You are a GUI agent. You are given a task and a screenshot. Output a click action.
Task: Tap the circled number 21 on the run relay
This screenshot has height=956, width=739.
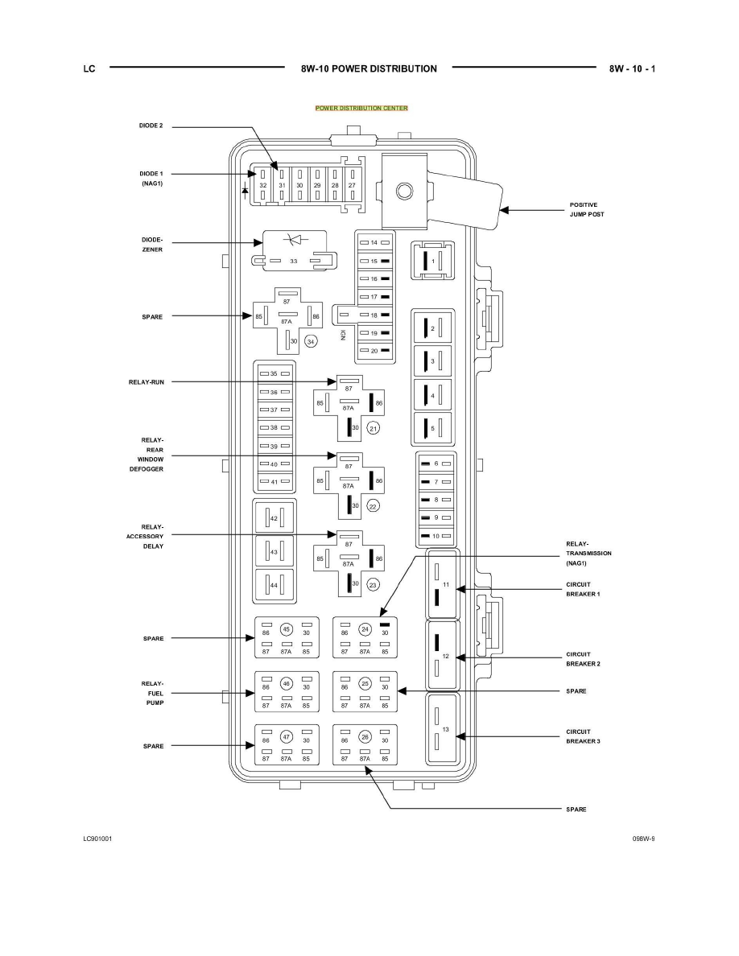click(x=373, y=429)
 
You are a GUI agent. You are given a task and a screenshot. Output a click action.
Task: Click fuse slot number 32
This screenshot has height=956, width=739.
click(x=262, y=185)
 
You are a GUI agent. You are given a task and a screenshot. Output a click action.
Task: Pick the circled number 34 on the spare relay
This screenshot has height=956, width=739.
click(x=312, y=342)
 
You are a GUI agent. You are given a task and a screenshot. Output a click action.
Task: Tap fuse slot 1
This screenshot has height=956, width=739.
click(x=432, y=262)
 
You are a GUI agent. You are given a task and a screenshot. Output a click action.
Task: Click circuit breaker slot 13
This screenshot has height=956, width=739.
click(x=442, y=733)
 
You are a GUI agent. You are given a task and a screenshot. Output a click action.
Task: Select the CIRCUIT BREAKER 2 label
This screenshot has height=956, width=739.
click(x=584, y=659)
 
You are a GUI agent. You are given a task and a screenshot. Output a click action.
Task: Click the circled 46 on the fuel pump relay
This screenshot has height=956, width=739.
click(x=286, y=683)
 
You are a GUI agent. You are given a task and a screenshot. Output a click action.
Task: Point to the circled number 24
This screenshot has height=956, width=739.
click(x=365, y=629)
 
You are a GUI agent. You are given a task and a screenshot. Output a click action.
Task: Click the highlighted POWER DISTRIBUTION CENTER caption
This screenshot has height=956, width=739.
click(x=361, y=108)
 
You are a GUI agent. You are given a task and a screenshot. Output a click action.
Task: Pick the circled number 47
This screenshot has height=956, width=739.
click(x=286, y=736)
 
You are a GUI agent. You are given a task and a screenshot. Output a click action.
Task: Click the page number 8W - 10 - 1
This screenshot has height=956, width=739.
click(x=632, y=68)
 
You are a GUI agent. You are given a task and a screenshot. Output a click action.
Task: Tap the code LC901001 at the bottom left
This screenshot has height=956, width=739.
click(x=97, y=838)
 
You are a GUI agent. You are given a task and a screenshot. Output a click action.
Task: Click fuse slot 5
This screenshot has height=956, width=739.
click(x=432, y=429)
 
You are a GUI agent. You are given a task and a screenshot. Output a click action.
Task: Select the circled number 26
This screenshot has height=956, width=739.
click(x=365, y=736)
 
